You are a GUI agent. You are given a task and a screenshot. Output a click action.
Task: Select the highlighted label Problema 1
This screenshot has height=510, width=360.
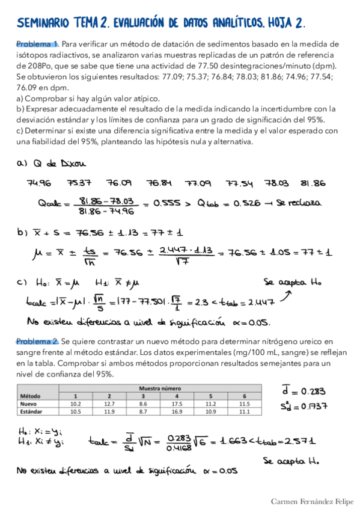(37, 44)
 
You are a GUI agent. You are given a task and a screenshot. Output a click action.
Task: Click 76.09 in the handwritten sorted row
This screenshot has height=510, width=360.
(118, 183)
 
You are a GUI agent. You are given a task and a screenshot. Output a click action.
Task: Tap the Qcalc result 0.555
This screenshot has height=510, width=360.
(166, 203)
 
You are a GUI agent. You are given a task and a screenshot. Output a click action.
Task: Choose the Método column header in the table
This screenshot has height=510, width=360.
(30, 396)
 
